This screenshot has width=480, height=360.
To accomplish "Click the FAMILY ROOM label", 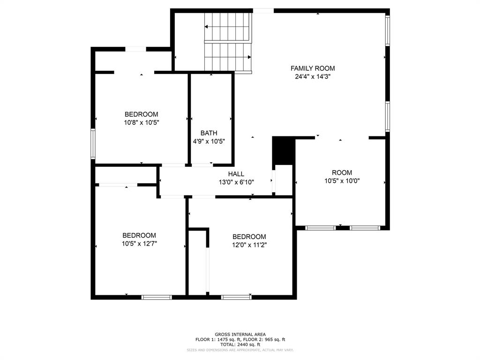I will (313, 68).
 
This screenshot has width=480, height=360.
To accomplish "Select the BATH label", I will (209, 133).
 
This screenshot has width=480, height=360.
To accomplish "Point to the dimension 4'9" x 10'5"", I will (209, 141).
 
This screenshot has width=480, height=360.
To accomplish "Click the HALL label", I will (236, 174).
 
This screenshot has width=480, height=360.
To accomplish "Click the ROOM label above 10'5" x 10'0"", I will (342, 172).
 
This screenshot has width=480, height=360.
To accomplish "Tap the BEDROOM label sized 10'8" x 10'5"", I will (141, 114).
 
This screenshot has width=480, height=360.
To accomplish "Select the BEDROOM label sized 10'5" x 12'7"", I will (139, 235).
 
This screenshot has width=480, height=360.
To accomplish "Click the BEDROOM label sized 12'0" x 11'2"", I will (249, 237).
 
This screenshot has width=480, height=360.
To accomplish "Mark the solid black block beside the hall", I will (283, 150).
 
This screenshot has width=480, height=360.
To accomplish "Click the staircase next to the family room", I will (228, 42).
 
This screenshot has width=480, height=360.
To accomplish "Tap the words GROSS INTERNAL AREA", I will (240, 334).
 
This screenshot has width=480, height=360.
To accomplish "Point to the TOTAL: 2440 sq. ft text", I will (240, 345).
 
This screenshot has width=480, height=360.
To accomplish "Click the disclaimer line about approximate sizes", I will (240, 350).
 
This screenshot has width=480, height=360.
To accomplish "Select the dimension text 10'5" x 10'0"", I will (342, 180).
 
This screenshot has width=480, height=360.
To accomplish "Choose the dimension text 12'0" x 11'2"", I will (249, 245).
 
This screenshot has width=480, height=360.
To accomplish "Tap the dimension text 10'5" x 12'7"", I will (139, 243).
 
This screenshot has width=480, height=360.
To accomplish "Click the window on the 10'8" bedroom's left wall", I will (93, 144).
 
